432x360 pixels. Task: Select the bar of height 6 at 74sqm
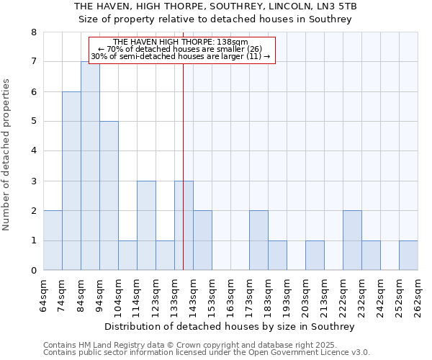pyautogui.click(x=71, y=181)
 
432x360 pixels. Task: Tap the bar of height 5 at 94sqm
pyautogui.click(x=109, y=196)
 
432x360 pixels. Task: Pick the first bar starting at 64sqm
pyautogui.click(x=53, y=240)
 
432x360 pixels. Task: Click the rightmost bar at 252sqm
pyautogui.click(x=408, y=256)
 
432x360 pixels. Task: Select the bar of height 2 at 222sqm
pyautogui.click(x=352, y=240)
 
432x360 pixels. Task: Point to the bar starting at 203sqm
pyautogui.click(x=315, y=256)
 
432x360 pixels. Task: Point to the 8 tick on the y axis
pyautogui.click(x=33, y=32)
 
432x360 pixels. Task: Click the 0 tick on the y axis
pyautogui.click(x=33, y=271)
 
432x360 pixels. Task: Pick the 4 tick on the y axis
pyautogui.click(x=33, y=151)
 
